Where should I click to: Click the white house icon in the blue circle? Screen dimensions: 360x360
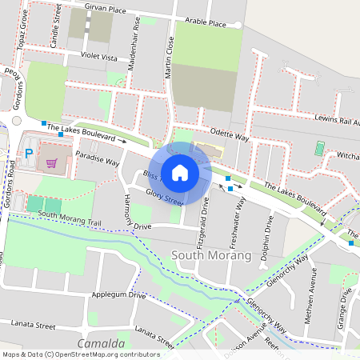(x=180, y=172)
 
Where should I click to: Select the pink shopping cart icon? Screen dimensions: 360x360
(x=53, y=163)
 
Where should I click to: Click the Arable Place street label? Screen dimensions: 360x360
(x=206, y=23)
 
